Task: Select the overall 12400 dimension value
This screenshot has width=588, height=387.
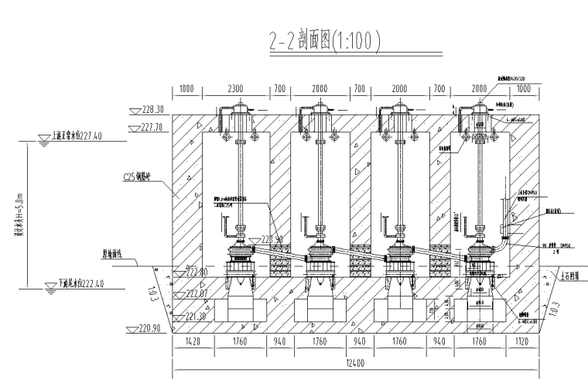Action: coord(356,363)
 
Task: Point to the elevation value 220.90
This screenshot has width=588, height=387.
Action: coord(147,328)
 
